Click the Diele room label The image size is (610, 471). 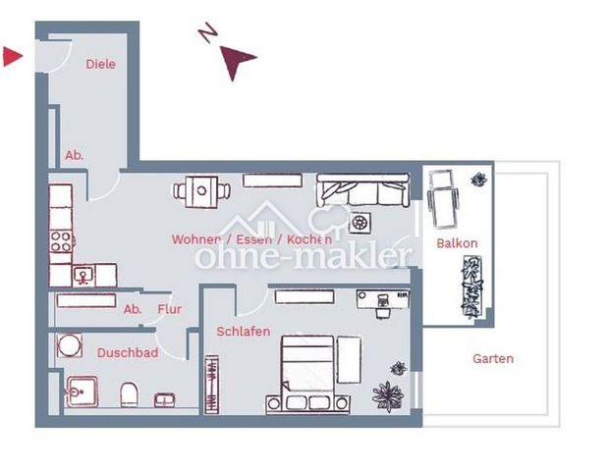pyautogui.click(x=100, y=64)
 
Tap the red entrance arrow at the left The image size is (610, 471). pyautogui.click(x=12, y=57)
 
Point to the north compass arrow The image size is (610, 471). pyautogui.click(x=236, y=61)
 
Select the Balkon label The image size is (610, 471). pyautogui.click(x=457, y=242)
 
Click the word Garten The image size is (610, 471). pyautogui.click(x=492, y=358)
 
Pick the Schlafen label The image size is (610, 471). pyautogui.click(x=243, y=332)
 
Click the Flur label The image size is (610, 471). pyautogui.click(x=169, y=309)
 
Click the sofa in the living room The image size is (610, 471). pyautogui.click(x=361, y=189)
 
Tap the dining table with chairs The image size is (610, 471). pyautogui.click(x=199, y=190)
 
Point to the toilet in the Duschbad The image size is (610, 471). pyautogui.click(x=129, y=396)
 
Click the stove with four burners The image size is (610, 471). pyautogui.click(x=61, y=239)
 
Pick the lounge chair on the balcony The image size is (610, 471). pyautogui.click(x=443, y=195)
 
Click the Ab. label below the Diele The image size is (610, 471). pyautogui.click(x=75, y=155)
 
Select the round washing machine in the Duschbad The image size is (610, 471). pyautogui.click(x=70, y=346)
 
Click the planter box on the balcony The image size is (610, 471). pyautogui.click(x=472, y=284)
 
